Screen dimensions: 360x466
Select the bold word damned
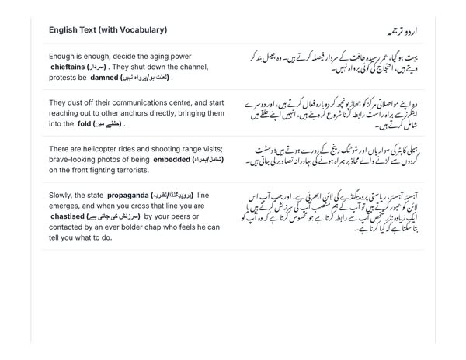[103, 78]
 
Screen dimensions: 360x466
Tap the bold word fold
[85, 123]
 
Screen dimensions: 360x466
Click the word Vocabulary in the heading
[141, 30]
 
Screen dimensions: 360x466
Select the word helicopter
[107, 147]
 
